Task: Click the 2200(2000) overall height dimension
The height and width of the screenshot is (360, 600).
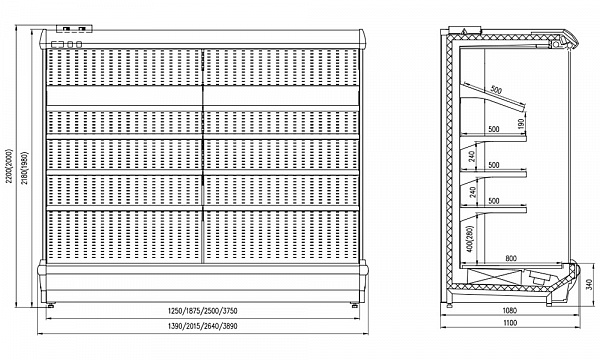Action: (9, 166)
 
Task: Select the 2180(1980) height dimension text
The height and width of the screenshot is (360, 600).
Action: (25, 168)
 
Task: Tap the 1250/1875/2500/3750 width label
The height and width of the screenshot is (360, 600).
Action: (202, 311)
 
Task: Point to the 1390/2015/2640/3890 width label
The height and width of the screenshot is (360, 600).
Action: (202, 326)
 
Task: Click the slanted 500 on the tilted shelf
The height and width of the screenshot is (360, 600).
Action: (496, 91)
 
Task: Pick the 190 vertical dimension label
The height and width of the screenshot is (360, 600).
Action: (520, 123)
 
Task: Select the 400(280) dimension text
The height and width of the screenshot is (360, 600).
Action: (471, 238)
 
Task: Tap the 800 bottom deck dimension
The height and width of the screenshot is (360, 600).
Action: (511, 258)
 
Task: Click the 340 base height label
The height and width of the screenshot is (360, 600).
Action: (590, 284)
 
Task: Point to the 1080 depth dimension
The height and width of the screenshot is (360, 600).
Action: (510, 310)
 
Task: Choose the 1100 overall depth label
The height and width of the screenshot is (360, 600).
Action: (510, 323)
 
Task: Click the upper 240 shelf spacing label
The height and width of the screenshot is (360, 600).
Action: (472, 156)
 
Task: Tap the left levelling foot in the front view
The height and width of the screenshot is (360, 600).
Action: (51, 305)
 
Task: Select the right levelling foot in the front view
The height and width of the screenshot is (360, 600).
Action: (355, 305)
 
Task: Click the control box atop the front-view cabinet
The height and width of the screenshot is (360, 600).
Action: (74, 29)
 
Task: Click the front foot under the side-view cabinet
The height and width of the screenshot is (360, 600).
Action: (549, 304)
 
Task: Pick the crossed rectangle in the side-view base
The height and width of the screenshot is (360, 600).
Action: (495, 276)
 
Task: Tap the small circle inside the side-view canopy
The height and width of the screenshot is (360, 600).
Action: (554, 45)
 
